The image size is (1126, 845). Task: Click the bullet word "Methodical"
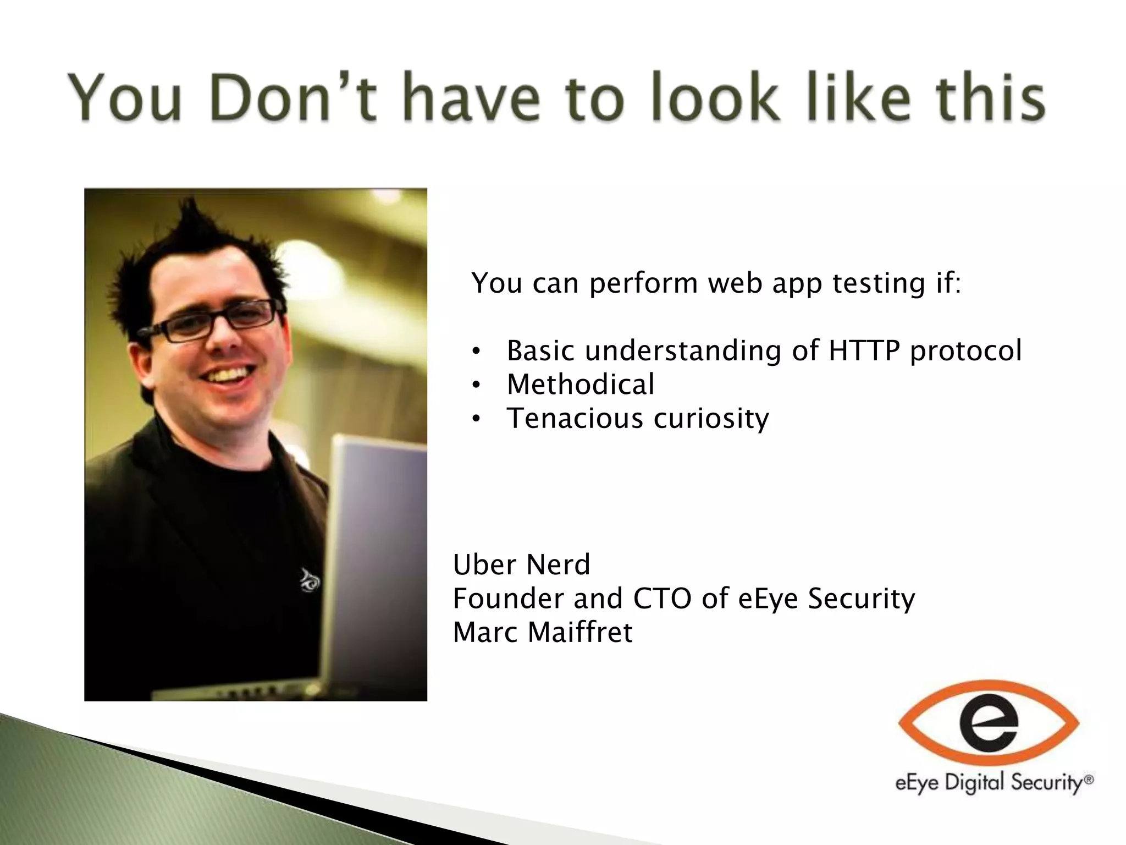[581, 384]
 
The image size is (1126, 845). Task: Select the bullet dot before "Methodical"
[476, 385]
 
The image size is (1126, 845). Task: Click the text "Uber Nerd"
[521, 564]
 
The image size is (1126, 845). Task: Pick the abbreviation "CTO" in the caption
[662, 599]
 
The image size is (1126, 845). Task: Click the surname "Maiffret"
[580, 632]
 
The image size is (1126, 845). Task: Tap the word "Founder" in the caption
[508, 599]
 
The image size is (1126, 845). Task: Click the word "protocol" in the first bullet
[965, 350]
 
